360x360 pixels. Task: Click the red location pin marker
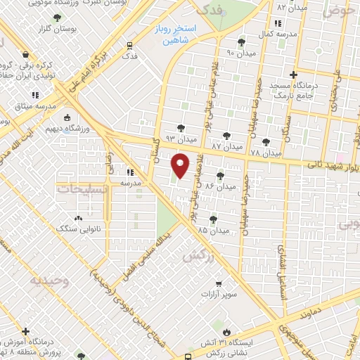(x=181, y=166)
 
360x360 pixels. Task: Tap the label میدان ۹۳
(x=179, y=139)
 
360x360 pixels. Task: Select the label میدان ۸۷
(x=226, y=146)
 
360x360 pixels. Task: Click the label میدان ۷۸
(x=265, y=153)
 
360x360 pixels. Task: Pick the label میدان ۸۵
(x=214, y=230)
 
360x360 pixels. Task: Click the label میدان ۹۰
(x=240, y=53)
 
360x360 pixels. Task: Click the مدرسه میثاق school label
(x=26, y=106)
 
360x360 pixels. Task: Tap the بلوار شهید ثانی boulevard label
(x=330, y=166)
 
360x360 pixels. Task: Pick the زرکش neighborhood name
(x=198, y=258)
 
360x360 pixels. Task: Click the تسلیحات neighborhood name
(x=82, y=188)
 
